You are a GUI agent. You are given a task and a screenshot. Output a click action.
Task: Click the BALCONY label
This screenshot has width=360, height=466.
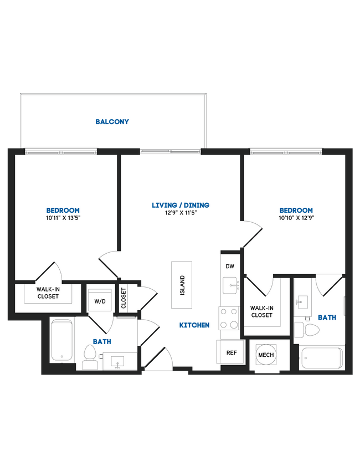[x=112, y=121]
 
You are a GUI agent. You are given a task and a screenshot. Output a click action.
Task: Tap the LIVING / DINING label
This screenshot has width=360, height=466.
[x=181, y=206]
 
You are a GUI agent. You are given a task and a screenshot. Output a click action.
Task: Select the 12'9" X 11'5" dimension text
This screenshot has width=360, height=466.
[x=181, y=213]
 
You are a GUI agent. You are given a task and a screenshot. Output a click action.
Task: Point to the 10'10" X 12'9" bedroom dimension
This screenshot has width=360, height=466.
[x=296, y=218]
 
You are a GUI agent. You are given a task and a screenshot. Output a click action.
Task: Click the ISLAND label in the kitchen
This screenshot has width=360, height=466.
[x=182, y=285]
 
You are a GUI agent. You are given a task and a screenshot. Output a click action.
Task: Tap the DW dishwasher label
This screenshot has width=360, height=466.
[x=230, y=267]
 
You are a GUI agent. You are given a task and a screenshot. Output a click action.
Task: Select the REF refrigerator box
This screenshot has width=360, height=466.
[x=232, y=352]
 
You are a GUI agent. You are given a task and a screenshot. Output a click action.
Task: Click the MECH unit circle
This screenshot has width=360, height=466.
[x=265, y=355]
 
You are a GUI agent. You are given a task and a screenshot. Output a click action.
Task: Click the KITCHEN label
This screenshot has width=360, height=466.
[x=194, y=325]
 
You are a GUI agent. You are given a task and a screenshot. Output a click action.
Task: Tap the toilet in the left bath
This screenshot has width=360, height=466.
[x=89, y=357]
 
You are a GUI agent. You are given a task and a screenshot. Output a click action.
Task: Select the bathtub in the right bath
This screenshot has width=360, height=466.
[x=321, y=358]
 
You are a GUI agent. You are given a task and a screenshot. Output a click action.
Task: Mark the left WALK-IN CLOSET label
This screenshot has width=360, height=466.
[x=48, y=293]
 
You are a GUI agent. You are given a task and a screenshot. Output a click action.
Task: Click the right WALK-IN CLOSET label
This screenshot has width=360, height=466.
[x=261, y=311]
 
